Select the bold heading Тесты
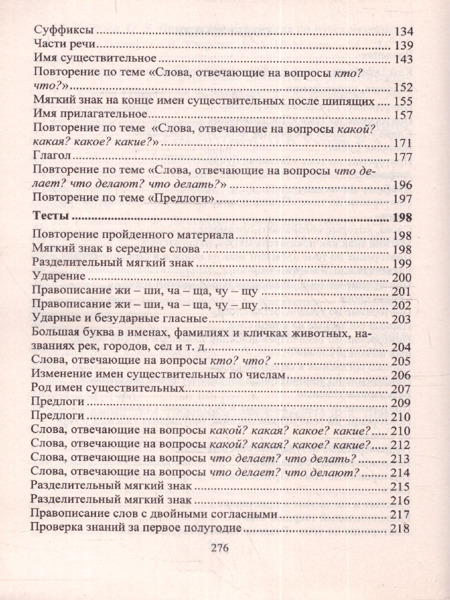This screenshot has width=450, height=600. tap(50, 217)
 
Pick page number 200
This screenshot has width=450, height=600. tap(402, 278)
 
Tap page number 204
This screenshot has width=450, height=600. tap(402, 347)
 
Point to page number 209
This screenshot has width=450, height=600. tap(402, 403)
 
